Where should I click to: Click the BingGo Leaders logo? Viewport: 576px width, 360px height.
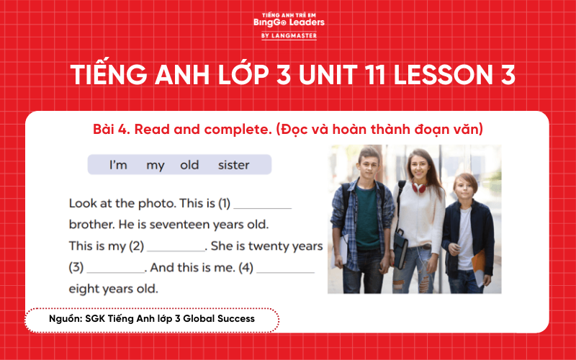289,24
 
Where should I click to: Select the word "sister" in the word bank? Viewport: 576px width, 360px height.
233,165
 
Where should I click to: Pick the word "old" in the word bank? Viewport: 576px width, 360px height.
189,165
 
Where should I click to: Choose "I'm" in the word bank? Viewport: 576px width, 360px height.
118,165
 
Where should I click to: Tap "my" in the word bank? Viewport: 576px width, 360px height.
156,165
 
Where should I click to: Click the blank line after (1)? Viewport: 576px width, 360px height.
263,207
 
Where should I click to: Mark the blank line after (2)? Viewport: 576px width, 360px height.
176,249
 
